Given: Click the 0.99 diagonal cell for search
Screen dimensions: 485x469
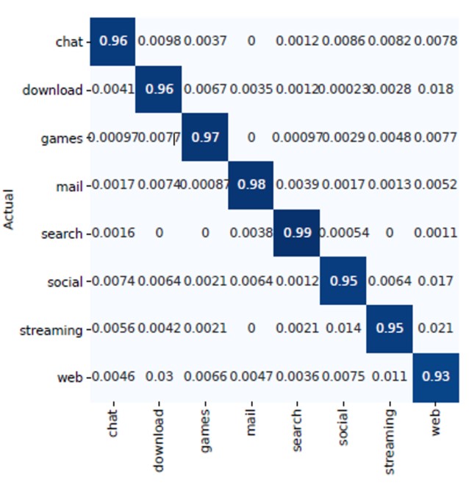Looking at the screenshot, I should pyautogui.click(x=297, y=234).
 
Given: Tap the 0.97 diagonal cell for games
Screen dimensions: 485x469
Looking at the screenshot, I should pyautogui.click(x=205, y=137).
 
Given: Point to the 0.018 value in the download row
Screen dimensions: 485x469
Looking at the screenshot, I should pyautogui.click(x=435, y=90).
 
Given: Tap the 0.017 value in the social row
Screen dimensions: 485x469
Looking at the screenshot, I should pyautogui.click(x=435, y=281).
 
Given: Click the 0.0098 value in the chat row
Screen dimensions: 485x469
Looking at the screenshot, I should pyautogui.click(x=159, y=41).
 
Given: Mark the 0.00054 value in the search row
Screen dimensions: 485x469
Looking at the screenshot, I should pyautogui.click(x=343, y=234).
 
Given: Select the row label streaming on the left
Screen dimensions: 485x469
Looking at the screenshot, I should pyautogui.click(x=51, y=330).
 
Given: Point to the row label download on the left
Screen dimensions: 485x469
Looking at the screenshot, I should pyautogui.click(x=52, y=90).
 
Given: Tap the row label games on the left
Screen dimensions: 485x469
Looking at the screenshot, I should pyautogui.click(x=62, y=137).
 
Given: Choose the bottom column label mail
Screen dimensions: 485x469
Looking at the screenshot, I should pyautogui.click(x=251, y=423).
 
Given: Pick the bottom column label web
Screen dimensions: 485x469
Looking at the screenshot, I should pyautogui.click(x=435, y=422).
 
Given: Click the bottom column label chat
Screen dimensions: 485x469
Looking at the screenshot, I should pyautogui.click(x=112, y=423).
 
